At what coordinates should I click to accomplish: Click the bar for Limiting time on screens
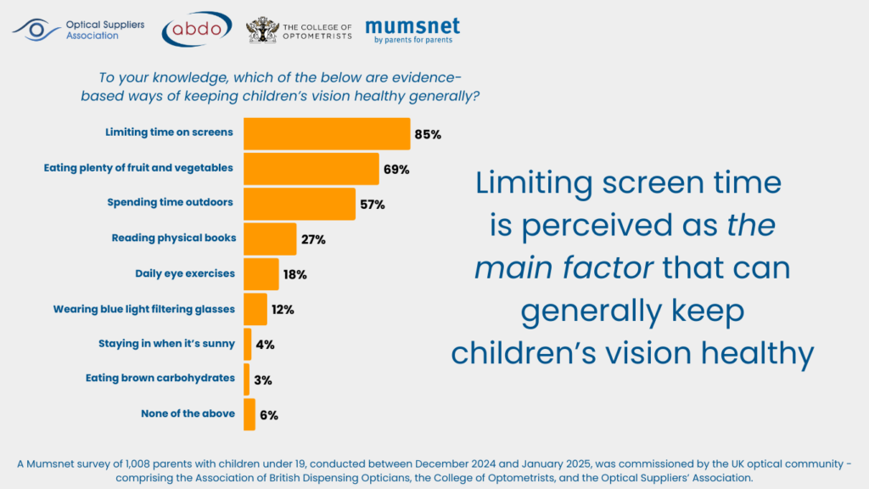pos(327,133)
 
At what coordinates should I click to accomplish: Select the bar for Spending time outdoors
pos(299,204)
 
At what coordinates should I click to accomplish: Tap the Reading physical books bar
pos(270,239)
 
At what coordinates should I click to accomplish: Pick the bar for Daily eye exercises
pos(261,274)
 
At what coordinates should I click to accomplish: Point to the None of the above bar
pos(249,415)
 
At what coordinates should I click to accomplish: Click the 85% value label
pos(428,134)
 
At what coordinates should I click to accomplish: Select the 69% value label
pos(396,169)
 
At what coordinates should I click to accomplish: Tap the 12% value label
pos(283,310)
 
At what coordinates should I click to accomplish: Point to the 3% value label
pos(262,380)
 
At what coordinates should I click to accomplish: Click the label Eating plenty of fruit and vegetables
pos(138,168)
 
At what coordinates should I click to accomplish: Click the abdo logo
pos(197,28)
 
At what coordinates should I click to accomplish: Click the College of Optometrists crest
pos(261,30)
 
